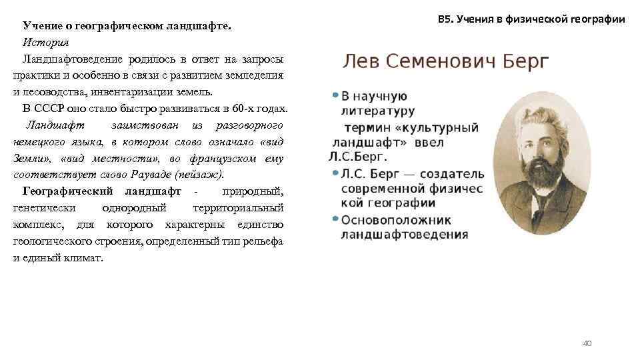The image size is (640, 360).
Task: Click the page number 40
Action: point(587,343)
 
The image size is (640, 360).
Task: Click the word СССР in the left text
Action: point(50,109)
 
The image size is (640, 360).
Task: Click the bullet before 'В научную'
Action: point(335,95)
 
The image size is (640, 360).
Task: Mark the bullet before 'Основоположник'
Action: point(335,219)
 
